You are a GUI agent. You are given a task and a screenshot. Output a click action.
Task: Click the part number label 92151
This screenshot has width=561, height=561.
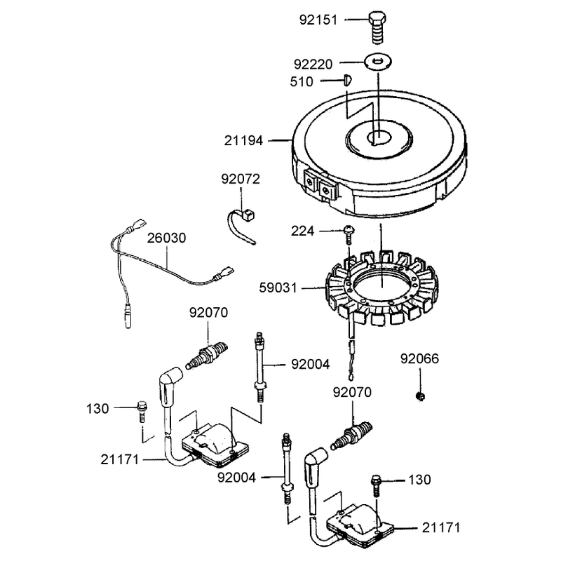318,20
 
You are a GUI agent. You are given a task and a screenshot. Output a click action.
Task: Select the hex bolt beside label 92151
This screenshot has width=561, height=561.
377,27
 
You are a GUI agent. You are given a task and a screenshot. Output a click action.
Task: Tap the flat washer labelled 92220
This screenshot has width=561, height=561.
378,62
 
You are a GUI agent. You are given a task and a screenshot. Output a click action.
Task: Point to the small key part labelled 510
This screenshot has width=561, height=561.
347,80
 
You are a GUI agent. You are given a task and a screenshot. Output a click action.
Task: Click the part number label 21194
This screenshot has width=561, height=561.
243,141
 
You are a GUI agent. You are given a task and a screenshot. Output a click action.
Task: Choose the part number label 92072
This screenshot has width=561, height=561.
241,179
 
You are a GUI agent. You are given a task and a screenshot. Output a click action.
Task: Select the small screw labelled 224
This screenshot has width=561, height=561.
349,234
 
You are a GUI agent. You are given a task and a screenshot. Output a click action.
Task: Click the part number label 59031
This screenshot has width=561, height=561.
278,288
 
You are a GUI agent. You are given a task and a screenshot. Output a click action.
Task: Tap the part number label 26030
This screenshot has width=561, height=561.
166,238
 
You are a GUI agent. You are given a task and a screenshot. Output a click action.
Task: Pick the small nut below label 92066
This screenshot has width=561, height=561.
421,396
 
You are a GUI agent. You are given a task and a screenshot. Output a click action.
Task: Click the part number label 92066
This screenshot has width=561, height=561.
419,358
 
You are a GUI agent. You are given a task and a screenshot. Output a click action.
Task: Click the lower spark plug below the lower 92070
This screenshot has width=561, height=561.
351,435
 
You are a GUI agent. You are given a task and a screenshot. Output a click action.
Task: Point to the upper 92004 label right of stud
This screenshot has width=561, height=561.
310,365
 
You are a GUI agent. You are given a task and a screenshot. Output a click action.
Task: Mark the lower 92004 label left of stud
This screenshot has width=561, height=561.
236,478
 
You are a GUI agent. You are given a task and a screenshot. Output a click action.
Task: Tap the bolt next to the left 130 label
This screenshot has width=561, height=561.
142,412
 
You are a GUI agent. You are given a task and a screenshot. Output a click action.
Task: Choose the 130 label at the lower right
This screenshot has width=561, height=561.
419,480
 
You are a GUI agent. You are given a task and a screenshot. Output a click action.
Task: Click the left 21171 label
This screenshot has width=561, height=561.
119,460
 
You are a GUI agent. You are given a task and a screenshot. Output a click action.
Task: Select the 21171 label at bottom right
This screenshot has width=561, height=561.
441,528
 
